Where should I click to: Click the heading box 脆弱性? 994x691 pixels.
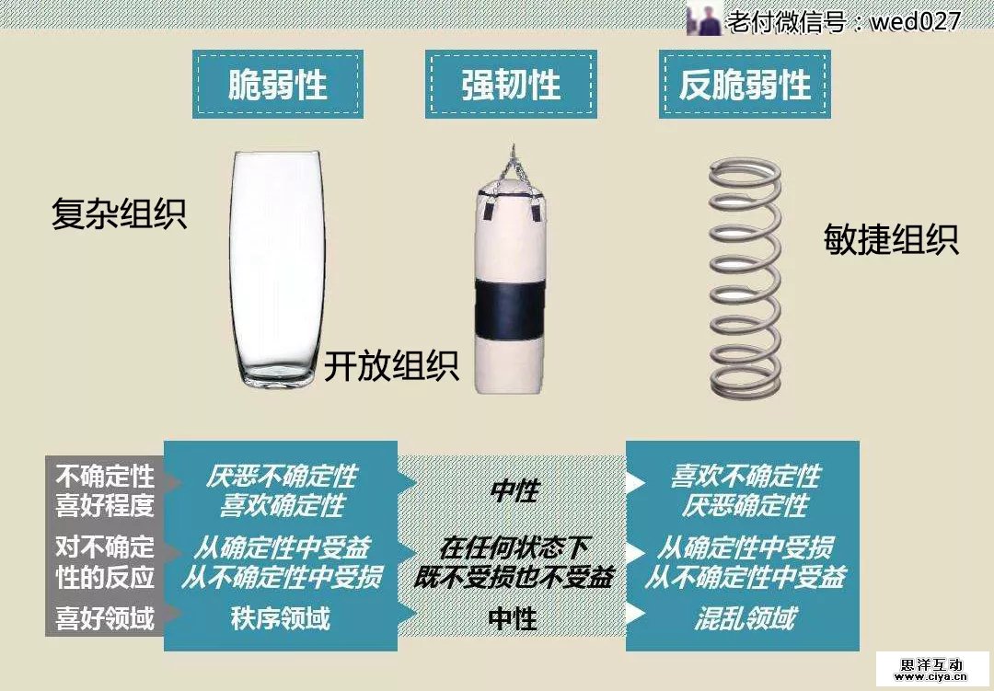(x=277, y=85)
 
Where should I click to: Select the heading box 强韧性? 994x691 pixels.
(x=511, y=85)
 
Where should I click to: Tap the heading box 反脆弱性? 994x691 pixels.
(x=745, y=85)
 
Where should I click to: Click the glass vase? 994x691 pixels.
(x=276, y=267)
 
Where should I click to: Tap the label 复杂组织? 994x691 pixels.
(x=119, y=215)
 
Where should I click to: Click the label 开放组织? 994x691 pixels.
(x=391, y=366)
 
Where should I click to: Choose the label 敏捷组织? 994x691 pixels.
(x=891, y=240)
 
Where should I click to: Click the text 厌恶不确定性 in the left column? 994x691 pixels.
(x=281, y=477)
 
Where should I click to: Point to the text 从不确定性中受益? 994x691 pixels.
(x=745, y=577)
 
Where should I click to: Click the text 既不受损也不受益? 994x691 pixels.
(x=514, y=577)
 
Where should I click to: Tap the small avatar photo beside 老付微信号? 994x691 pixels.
(x=704, y=19)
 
